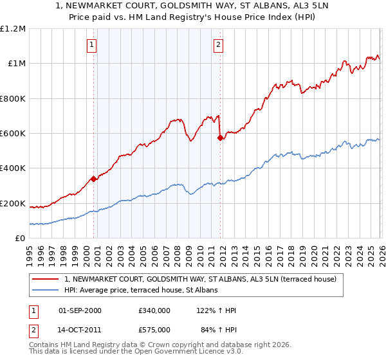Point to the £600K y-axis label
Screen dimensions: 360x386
tap(13, 134)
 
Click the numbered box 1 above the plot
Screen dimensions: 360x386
tap(93, 45)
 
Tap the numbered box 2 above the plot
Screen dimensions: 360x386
tap(219, 45)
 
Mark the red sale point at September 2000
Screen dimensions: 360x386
tap(94, 179)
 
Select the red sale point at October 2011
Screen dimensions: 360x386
tap(220, 138)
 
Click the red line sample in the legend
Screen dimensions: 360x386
tap(46, 280)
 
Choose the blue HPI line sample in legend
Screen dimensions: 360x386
tap(46, 290)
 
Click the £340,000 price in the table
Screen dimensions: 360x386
tap(154, 310)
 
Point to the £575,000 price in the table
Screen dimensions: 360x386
tap(154, 330)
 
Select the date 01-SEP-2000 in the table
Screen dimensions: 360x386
tap(80, 310)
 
